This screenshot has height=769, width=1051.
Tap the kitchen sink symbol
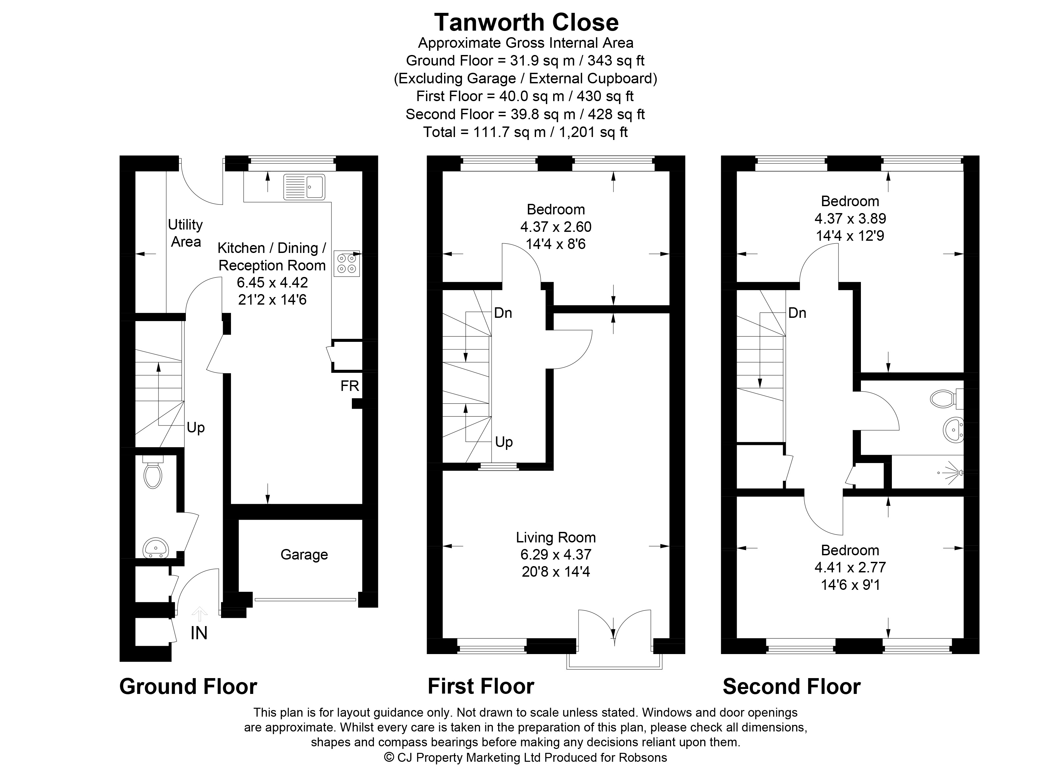coord(304,187)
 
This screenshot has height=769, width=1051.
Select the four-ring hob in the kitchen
coord(347,264)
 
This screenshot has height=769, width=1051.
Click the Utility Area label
coord(185,233)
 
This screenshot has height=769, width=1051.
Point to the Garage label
coord(304,554)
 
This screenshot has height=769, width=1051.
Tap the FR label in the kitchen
coord(350,386)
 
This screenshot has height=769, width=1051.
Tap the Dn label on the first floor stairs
coord(503,313)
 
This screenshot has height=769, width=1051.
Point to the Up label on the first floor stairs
coord(504,442)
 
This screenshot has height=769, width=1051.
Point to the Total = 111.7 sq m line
coord(525,132)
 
